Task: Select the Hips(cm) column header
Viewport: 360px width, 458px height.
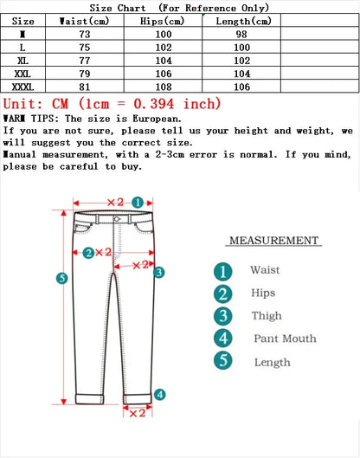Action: coord(163,21)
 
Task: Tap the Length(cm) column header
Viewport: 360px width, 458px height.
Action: coord(241,21)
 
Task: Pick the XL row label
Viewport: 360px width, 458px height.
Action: coord(23,61)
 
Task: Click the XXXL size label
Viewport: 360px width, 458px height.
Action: coord(23,87)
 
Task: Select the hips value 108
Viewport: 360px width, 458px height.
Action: coord(163,87)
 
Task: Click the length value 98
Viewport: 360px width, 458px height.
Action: coord(241,34)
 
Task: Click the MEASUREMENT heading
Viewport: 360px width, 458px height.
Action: coord(273,241)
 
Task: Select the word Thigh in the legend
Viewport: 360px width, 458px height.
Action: coord(266,316)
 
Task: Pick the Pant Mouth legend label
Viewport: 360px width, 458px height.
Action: coord(285,339)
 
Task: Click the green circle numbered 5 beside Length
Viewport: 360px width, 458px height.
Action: coord(223,361)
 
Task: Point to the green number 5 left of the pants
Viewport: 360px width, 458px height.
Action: coord(61,278)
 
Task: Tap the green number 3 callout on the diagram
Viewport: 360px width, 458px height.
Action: coord(158,272)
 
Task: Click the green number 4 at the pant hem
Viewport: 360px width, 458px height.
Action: coord(159,395)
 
